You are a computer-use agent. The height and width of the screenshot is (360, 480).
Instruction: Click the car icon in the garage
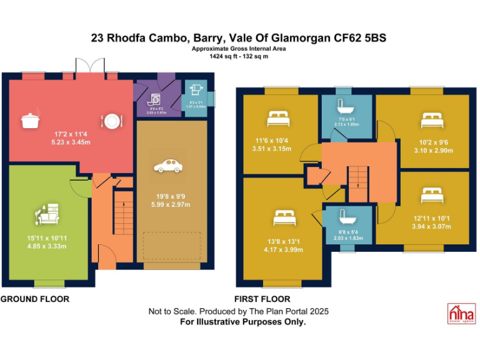tap(167, 166)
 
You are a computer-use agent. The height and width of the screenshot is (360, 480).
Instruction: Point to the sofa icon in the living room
tap(47, 214)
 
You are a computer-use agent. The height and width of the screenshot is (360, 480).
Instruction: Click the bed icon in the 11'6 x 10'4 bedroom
tap(278, 116)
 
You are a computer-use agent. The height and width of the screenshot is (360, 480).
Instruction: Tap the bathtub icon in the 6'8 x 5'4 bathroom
tap(346, 218)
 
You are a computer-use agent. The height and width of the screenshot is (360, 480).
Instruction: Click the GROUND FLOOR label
tap(35, 299)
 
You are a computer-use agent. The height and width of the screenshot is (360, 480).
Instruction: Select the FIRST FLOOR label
tap(262, 299)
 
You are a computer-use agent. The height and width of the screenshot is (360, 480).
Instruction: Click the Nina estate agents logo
tap(461, 313)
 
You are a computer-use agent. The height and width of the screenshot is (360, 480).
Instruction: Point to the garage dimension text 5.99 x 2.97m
tap(168, 204)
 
